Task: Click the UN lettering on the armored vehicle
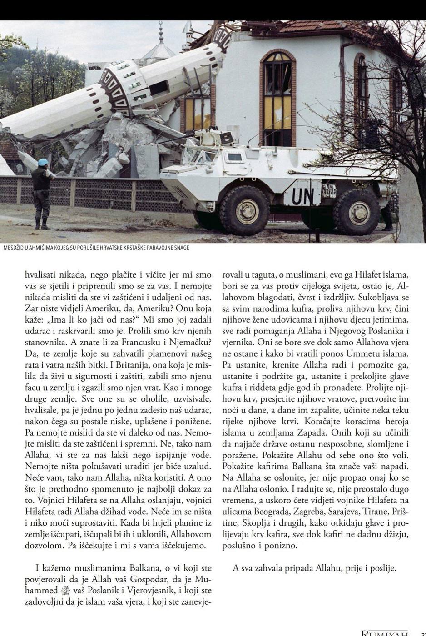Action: pyautogui.click(x=303, y=196)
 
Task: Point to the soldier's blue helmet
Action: pyautogui.click(x=42, y=162)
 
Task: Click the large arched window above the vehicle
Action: pyautogui.click(x=277, y=93)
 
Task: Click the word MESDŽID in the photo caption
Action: pyautogui.click(x=15, y=248)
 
